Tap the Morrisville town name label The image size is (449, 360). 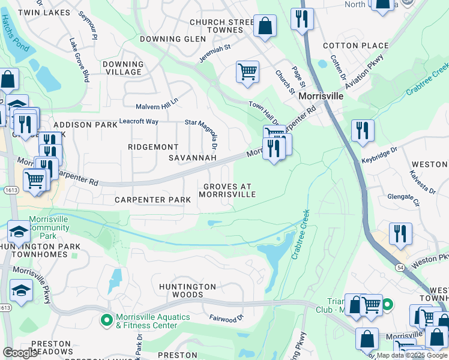point(321,96)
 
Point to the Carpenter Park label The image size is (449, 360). point(152,199)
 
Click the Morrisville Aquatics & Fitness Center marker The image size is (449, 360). point(107,321)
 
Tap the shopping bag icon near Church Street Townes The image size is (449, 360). point(265,26)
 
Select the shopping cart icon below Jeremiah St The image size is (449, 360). point(247,72)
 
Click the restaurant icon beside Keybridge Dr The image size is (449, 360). point(363,130)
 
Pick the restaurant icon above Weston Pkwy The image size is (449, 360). point(400,234)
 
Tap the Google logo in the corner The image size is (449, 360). point(20,353)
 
